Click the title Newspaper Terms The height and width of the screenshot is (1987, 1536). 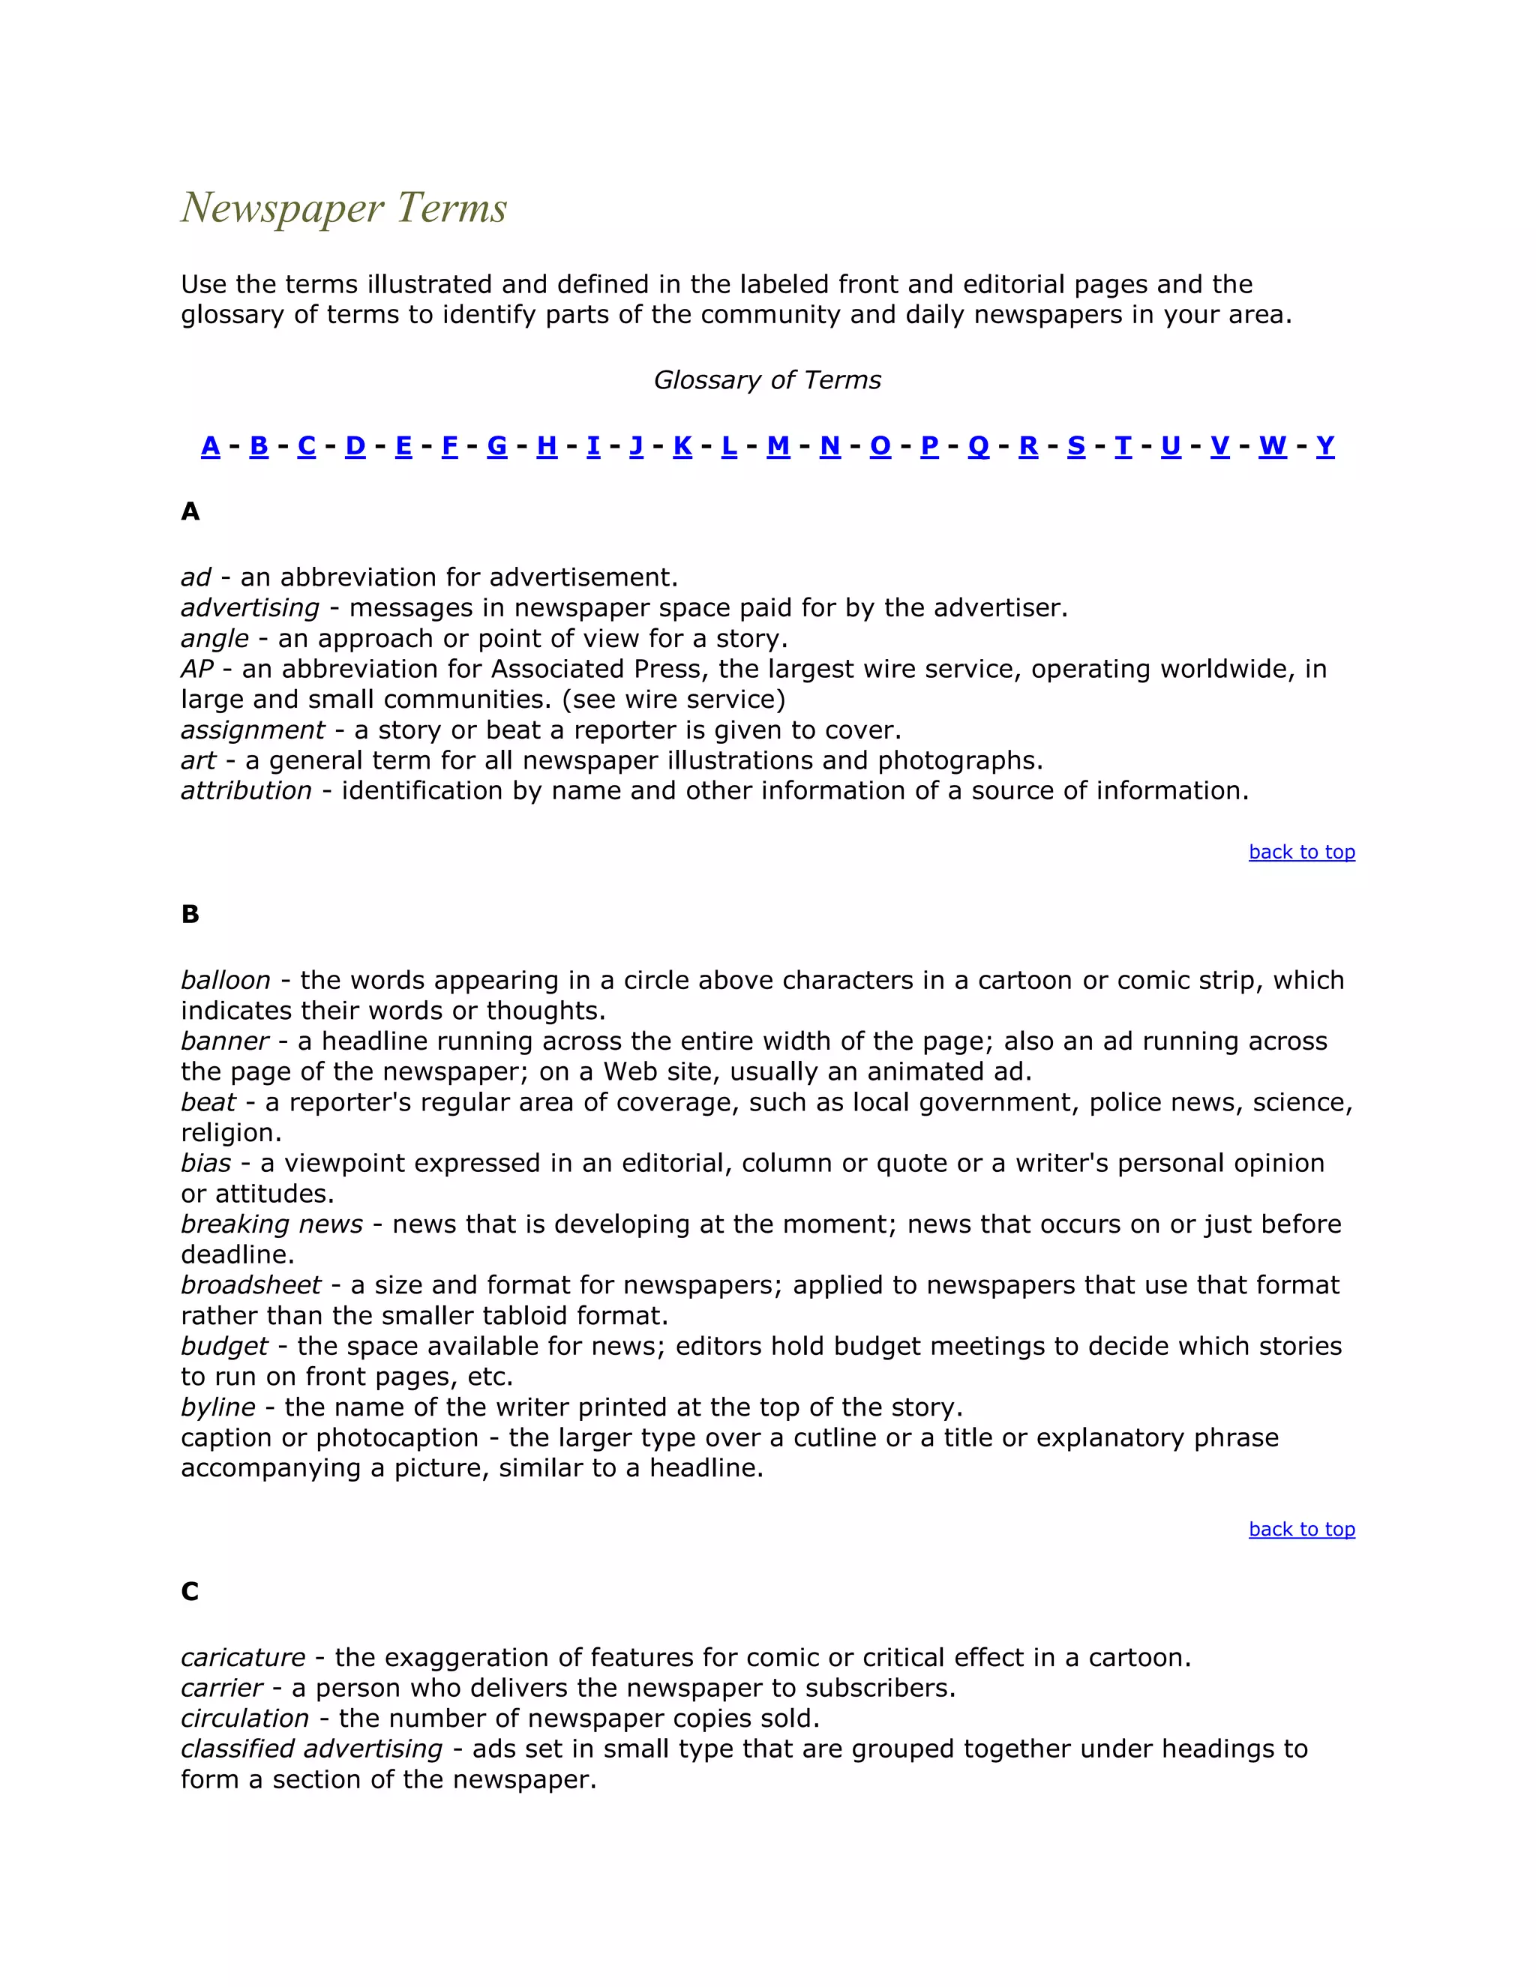pos(344,208)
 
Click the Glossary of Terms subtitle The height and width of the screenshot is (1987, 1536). pos(767,380)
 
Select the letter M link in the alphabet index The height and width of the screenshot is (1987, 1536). pos(778,446)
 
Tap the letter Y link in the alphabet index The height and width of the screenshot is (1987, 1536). pos(1325,446)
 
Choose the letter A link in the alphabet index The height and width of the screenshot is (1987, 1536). pos(210,446)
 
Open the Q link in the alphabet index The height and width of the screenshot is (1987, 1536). pos(978,446)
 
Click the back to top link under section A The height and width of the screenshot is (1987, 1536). pos(1301,853)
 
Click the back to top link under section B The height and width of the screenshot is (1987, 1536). pos(1301,1530)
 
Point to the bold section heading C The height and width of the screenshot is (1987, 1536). pos(189,1591)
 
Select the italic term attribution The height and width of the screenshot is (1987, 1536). pos(246,790)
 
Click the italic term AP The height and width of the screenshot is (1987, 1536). pos(196,670)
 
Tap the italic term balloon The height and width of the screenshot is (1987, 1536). pos(226,981)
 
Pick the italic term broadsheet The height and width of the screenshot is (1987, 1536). pos(250,1285)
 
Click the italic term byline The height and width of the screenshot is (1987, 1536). pos(217,1407)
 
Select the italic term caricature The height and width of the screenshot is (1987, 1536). pos(243,1658)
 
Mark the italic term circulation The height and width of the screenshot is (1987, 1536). pos(244,1719)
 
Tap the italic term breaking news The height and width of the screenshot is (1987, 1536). pos(271,1224)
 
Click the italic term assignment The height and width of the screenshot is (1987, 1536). pos(252,730)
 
